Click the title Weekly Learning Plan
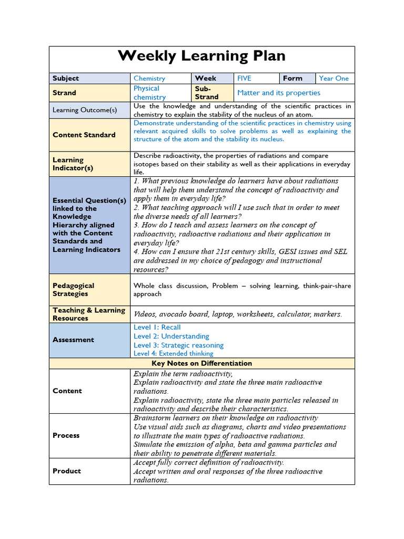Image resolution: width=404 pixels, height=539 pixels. pyautogui.click(x=201, y=56)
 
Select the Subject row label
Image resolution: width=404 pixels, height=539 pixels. pyautogui.click(x=66, y=78)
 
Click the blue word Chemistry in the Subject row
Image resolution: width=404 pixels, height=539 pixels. pyautogui.click(x=149, y=78)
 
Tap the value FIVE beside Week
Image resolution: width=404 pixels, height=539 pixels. pyautogui.click(x=244, y=78)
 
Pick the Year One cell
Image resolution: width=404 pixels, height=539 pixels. pyautogui.click(x=334, y=78)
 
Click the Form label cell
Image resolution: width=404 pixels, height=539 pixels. pyautogui.click(x=292, y=78)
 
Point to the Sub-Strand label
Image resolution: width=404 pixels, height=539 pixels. pyautogui.click(x=206, y=93)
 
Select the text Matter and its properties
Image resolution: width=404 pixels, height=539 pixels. pyautogui.click(x=279, y=93)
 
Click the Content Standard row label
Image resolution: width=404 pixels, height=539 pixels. pyautogui.click(x=84, y=135)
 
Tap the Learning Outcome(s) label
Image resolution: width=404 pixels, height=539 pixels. pyautogui.click(x=84, y=110)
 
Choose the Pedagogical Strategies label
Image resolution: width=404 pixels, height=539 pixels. pyautogui.click(x=74, y=290)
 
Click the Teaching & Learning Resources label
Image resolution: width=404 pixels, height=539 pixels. pyautogui.click(x=88, y=314)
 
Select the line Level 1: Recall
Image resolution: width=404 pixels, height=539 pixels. pyautogui.click(x=157, y=327)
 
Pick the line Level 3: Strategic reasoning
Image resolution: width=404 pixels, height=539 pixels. pyautogui.click(x=178, y=345)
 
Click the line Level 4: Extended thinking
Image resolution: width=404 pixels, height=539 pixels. pyautogui.click(x=174, y=354)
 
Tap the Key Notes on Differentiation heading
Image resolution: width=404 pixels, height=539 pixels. pyautogui.click(x=201, y=363)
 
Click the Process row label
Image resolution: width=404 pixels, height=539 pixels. pyautogui.click(x=66, y=435)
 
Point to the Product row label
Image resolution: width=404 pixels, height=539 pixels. pyautogui.click(x=67, y=471)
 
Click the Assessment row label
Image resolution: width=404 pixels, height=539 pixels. pyautogui.click(x=73, y=340)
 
